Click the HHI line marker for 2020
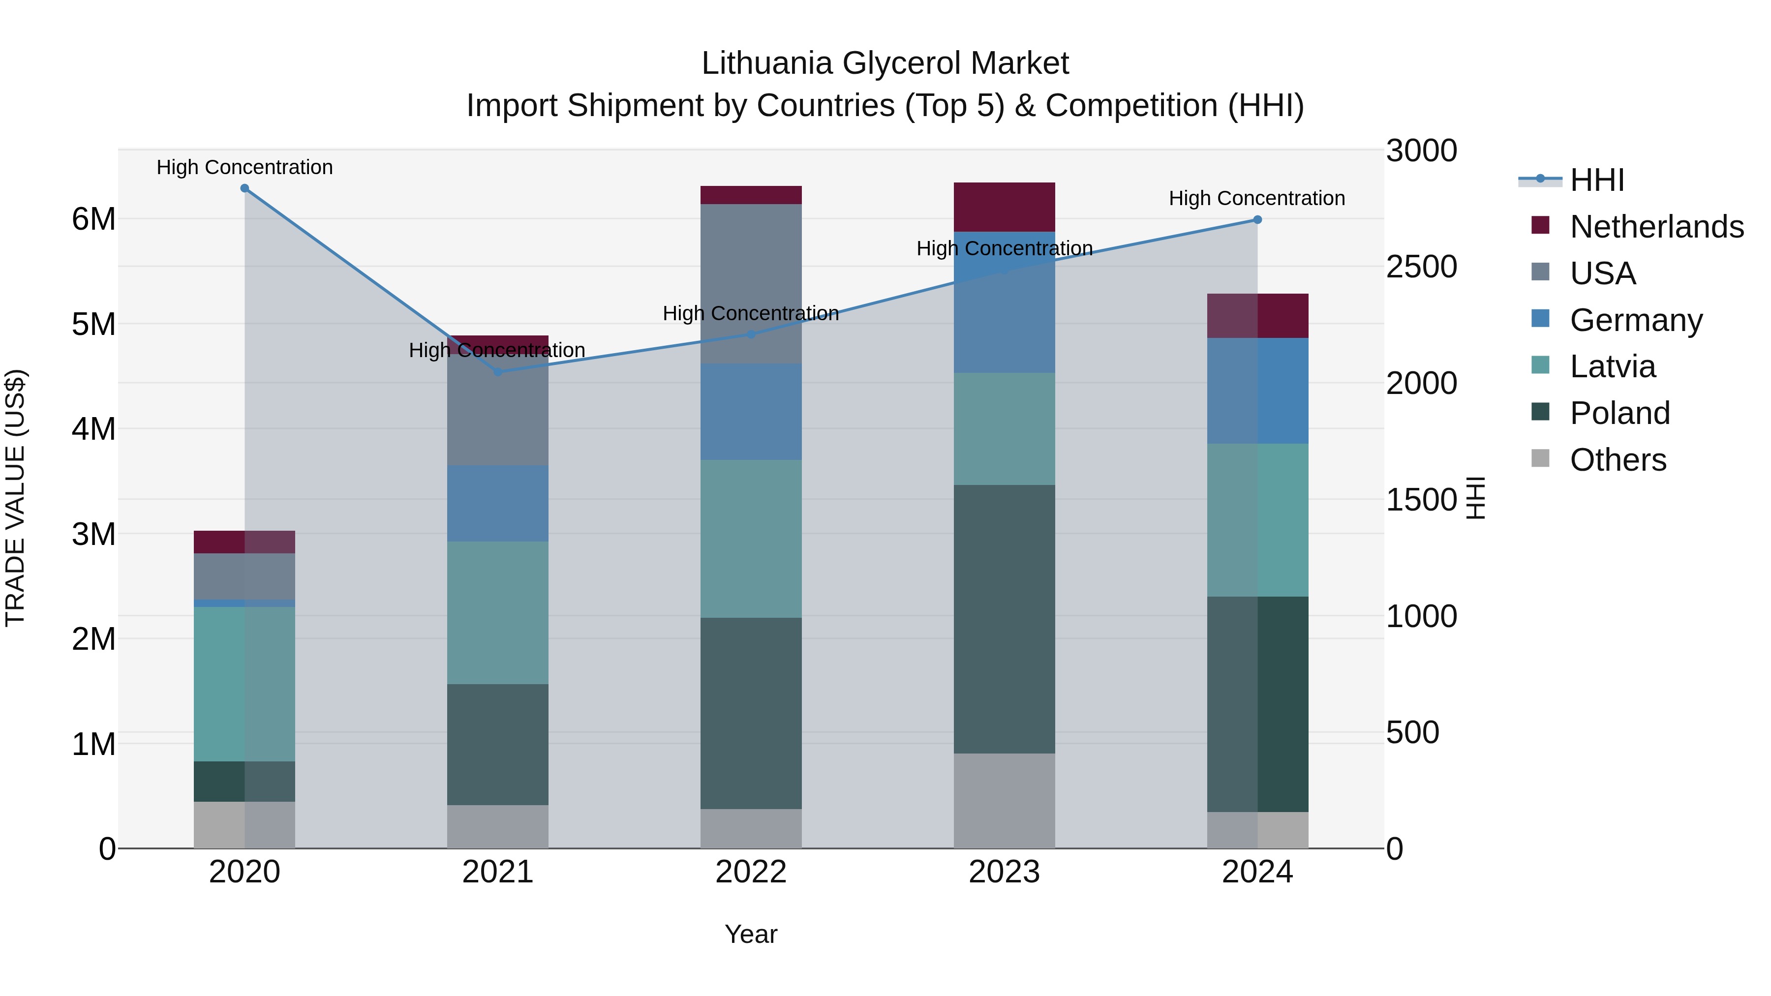(245, 188)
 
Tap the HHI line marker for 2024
(1257, 220)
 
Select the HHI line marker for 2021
(498, 372)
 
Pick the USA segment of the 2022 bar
(751, 283)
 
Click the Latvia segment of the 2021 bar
(498, 612)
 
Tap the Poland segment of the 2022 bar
(751, 712)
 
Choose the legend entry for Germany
(1636, 320)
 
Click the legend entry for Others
(1618, 460)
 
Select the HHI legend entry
(1596, 180)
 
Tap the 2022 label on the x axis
(751, 872)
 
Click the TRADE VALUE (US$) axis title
(15, 498)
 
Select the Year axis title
(751, 934)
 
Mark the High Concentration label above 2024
(1257, 198)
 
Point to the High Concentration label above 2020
(245, 167)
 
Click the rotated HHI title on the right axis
(1476, 498)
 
